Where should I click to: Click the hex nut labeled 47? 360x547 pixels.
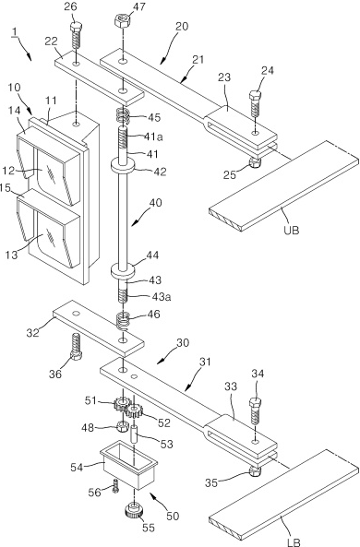(x=123, y=21)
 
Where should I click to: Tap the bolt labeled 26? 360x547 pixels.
(x=76, y=35)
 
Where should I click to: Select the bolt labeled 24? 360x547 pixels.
(x=255, y=103)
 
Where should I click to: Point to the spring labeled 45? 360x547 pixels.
(x=123, y=116)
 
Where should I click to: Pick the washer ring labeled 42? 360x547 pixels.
(x=123, y=165)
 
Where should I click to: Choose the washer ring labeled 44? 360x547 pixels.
(x=123, y=270)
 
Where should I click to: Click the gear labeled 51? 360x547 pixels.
(x=120, y=405)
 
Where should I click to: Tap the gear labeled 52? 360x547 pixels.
(x=134, y=411)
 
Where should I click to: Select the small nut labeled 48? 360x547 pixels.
(x=123, y=425)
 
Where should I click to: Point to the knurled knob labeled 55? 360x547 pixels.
(x=134, y=510)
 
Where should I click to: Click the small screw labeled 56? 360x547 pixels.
(x=116, y=485)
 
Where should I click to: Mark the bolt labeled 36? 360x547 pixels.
(x=76, y=346)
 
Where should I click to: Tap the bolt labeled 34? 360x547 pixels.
(x=255, y=411)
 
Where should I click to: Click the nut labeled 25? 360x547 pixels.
(x=255, y=161)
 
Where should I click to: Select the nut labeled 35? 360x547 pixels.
(x=256, y=471)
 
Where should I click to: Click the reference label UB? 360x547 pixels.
(x=292, y=230)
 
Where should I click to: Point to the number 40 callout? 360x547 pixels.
(x=154, y=203)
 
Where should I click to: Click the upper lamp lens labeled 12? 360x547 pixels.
(x=50, y=172)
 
